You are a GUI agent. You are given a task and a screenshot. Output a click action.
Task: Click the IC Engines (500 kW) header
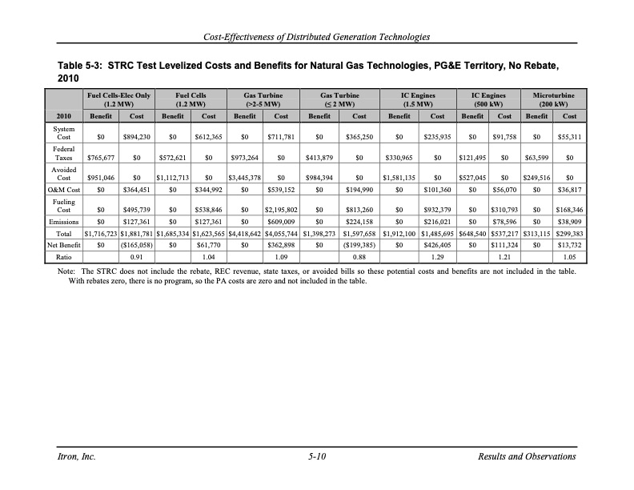488,99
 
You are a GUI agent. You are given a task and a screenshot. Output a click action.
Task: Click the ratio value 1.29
438,259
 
